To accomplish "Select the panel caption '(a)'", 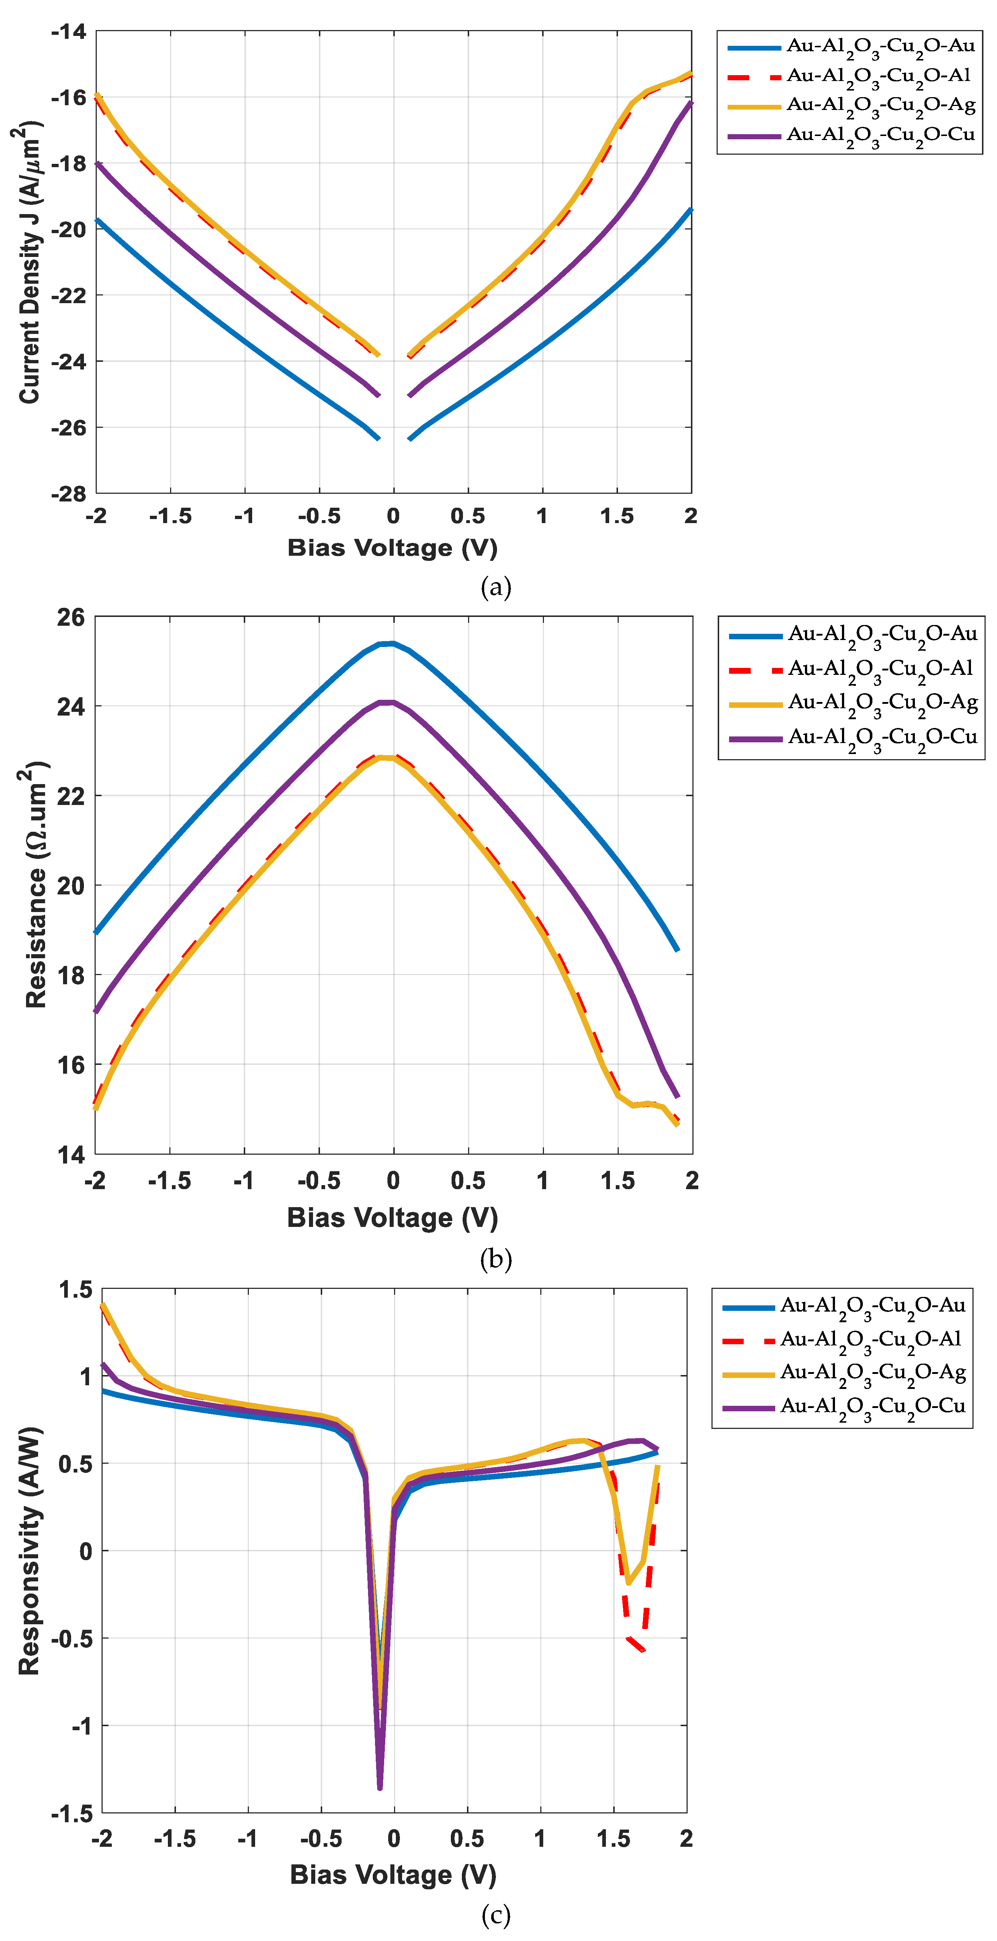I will coord(496,587).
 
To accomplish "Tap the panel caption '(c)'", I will coord(496,1915).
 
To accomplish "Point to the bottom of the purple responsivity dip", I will coord(380,1787).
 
